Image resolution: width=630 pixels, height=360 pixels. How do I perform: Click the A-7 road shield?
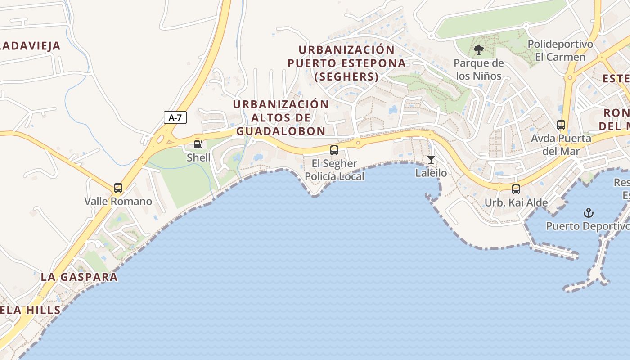(x=175, y=118)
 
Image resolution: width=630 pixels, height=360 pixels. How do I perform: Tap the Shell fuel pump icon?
(x=198, y=144)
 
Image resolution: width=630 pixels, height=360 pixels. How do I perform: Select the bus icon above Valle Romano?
(x=118, y=188)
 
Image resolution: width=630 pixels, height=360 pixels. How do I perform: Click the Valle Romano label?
(x=118, y=201)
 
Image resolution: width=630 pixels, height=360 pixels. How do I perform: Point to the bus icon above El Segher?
(x=334, y=150)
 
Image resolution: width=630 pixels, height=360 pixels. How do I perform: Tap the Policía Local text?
(x=334, y=176)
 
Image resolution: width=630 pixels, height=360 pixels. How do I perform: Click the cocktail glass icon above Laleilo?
(x=431, y=160)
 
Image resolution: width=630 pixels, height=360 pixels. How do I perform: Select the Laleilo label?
(x=431, y=173)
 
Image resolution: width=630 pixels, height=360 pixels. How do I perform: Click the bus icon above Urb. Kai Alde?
(x=516, y=189)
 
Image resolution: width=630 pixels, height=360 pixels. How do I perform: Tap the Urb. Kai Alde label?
(x=516, y=202)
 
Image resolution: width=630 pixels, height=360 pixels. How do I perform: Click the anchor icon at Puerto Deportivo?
(x=588, y=212)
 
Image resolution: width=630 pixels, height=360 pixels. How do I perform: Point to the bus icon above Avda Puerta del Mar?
(x=561, y=125)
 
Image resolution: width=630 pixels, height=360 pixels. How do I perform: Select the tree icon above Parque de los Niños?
(x=478, y=49)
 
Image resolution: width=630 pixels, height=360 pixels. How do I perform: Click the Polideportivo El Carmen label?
(x=560, y=50)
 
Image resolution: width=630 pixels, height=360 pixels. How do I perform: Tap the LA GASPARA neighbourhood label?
(x=79, y=277)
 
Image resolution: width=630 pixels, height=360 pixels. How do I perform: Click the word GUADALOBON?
(x=281, y=131)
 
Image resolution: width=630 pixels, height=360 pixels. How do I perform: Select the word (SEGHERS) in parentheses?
(x=346, y=77)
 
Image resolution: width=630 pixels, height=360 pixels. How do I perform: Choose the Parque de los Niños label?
(x=478, y=69)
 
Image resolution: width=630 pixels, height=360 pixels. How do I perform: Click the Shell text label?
(x=198, y=157)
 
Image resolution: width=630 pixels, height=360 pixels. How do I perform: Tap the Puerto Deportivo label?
(x=588, y=226)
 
